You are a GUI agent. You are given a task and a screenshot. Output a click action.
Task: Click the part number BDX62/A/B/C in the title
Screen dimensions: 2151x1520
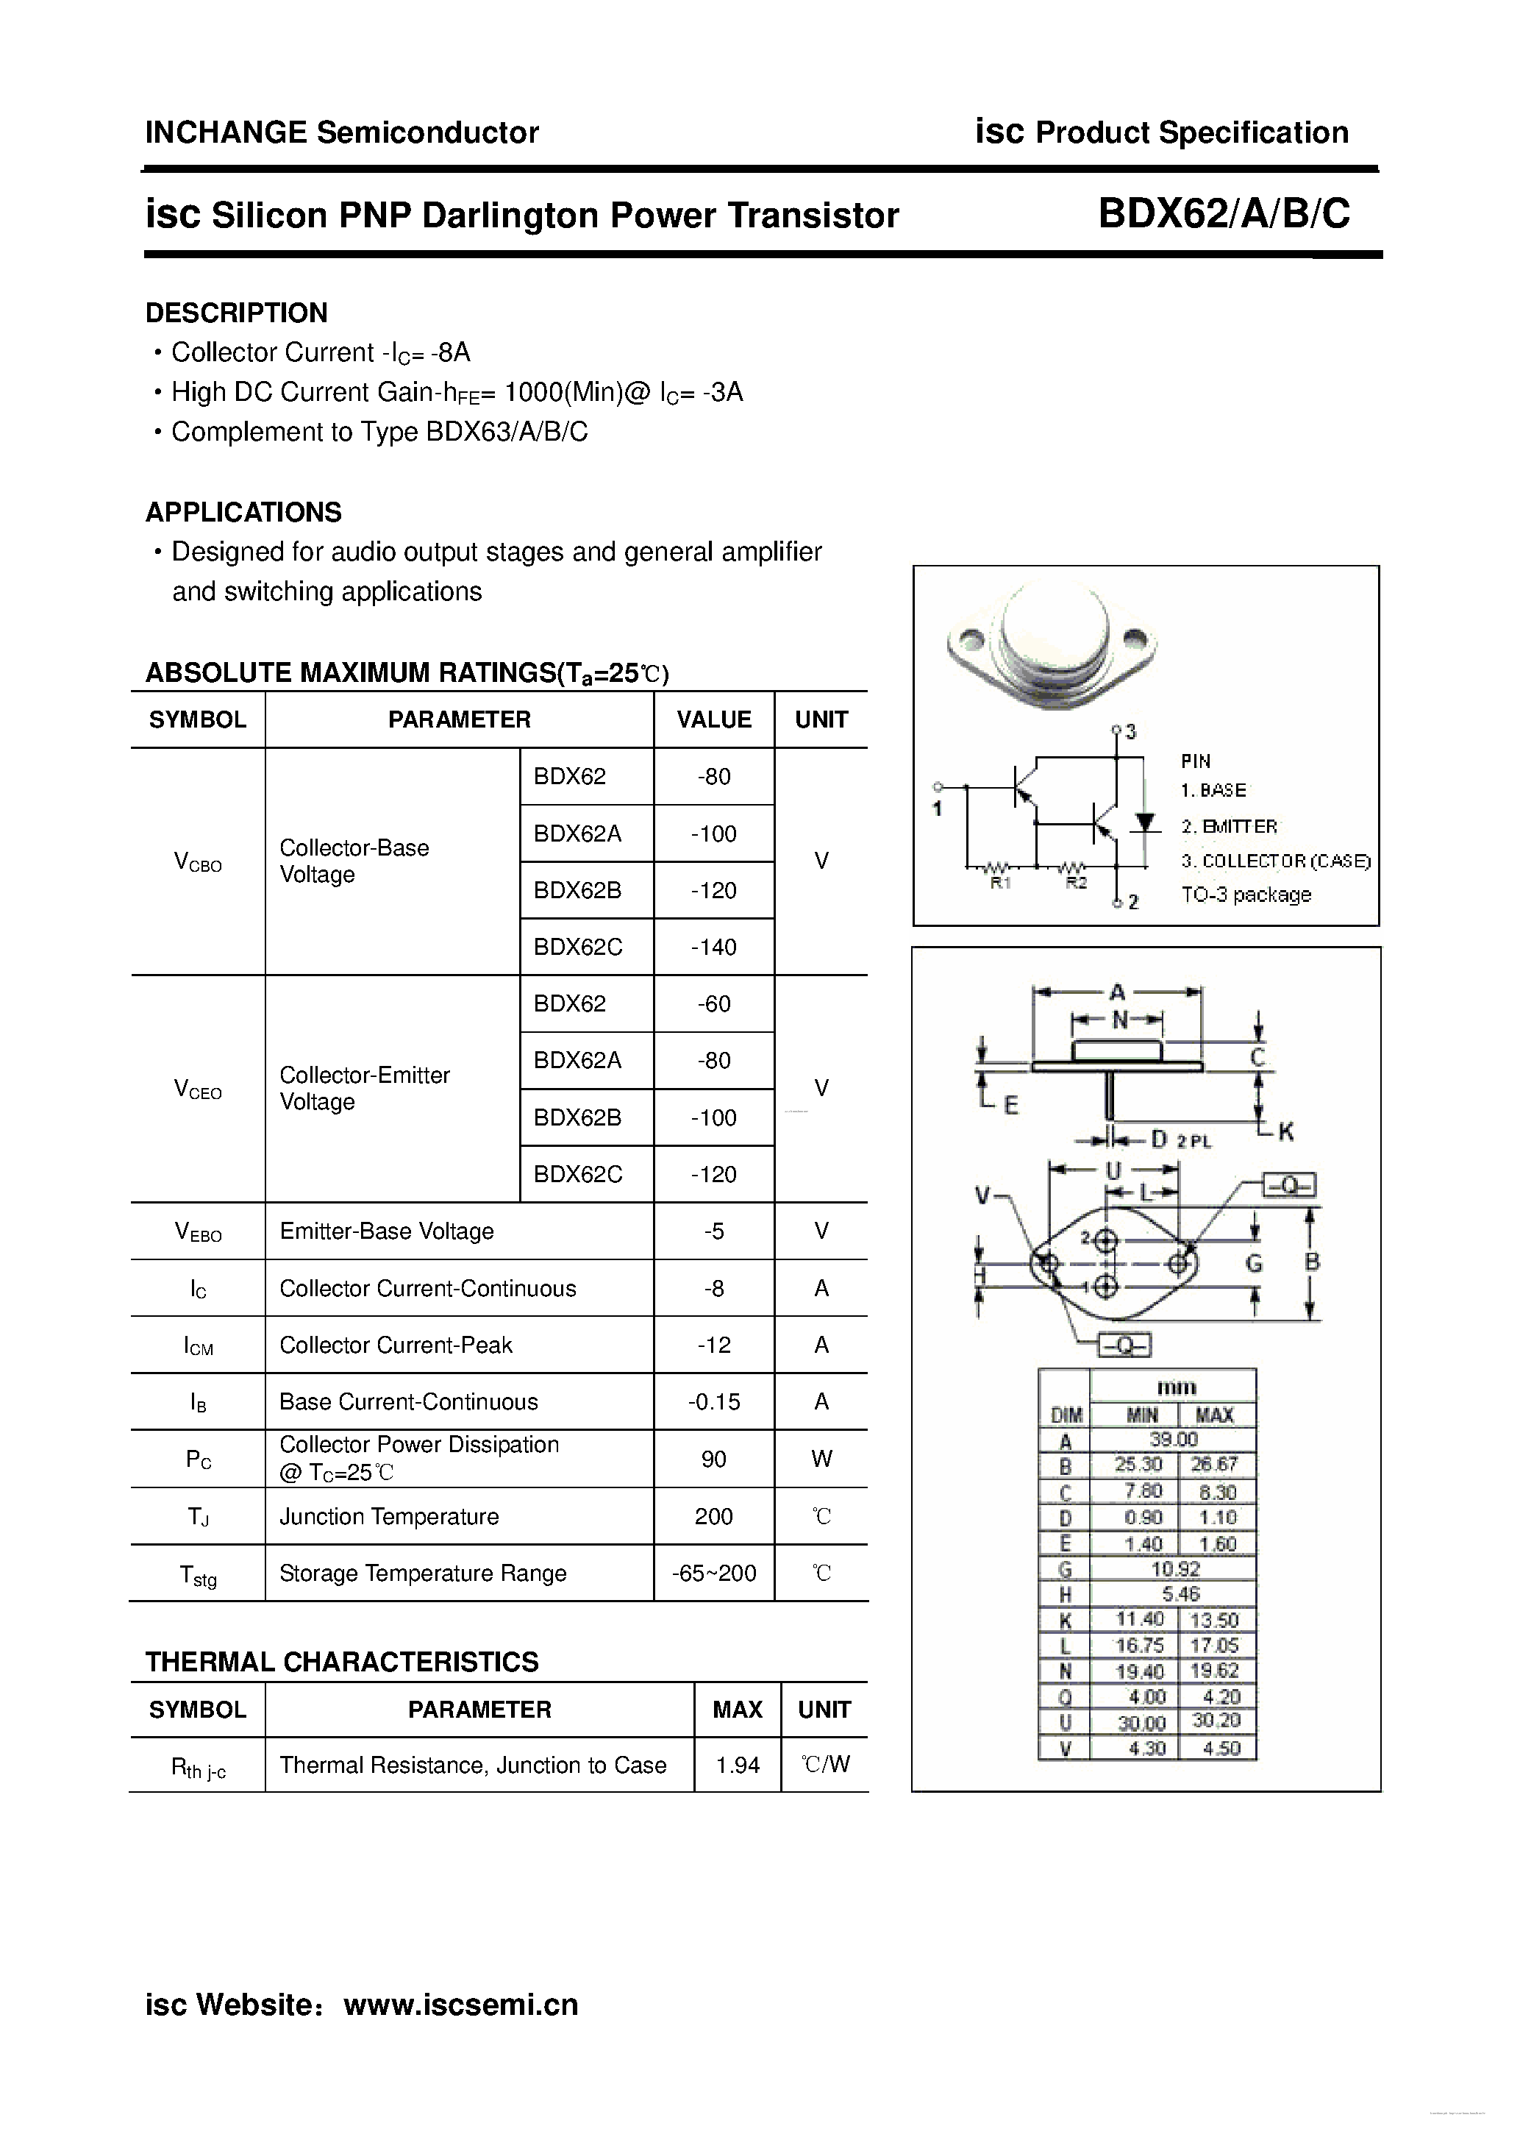[x=1223, y=215]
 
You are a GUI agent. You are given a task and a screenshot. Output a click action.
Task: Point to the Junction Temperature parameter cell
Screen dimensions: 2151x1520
[x=389, y=1516]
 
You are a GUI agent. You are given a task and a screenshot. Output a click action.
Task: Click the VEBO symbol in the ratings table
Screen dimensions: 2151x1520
[x=198, y=1232]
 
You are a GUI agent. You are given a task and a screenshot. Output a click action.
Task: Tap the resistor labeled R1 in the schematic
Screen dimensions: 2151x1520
[x=999, y=867]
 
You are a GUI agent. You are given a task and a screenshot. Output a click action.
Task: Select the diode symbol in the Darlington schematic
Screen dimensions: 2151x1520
[x=1143, y=822]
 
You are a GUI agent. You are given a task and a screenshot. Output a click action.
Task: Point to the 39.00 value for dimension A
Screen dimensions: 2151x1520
[x=1174, y=1439]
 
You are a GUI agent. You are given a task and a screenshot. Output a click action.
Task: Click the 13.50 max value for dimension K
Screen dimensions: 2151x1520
[x=1214, y=1620]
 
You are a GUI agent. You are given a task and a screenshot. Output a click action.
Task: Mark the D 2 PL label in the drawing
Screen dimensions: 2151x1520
[x=1180, y=1140]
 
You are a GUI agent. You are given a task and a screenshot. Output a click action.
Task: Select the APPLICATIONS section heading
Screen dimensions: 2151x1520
[x=243, y=513]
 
